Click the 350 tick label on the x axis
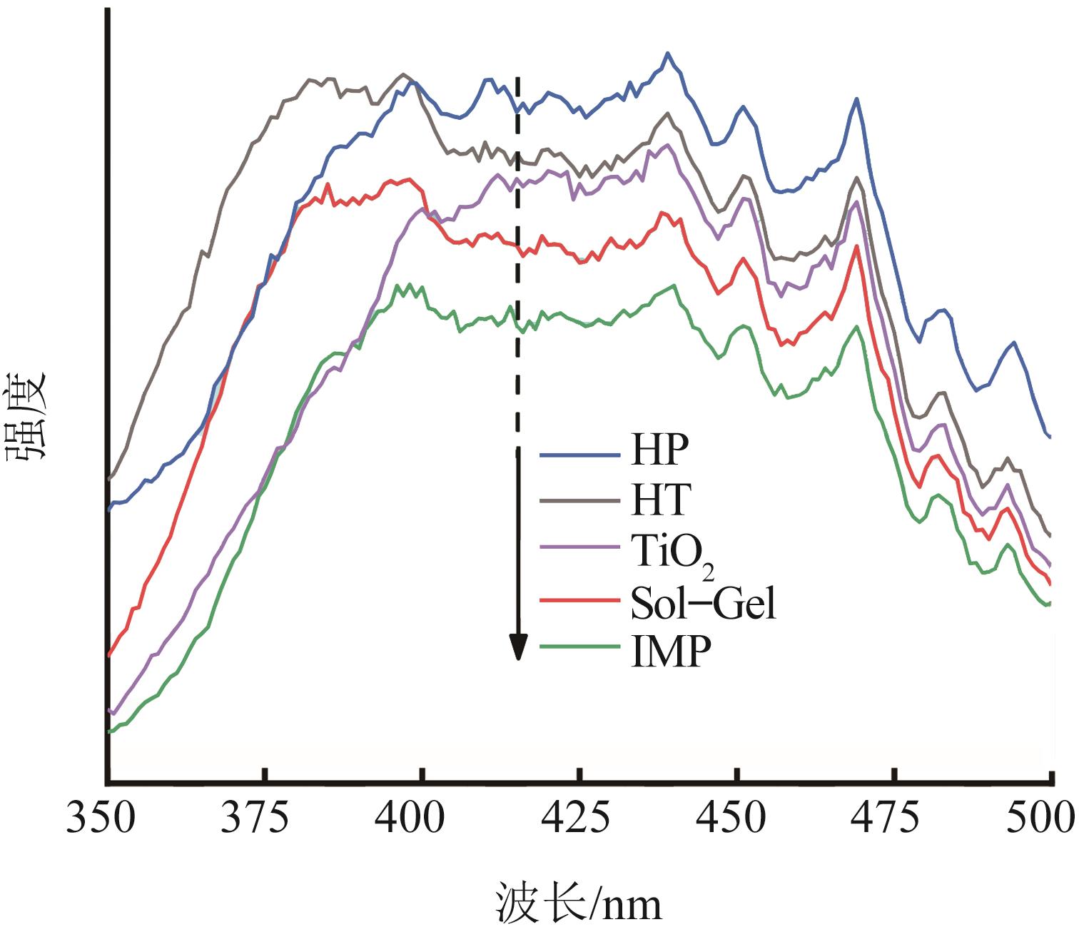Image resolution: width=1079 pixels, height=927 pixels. click(101, 817)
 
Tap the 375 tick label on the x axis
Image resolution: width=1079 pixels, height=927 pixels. click(263, 817)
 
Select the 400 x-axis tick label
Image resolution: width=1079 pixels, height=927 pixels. click(422, 817)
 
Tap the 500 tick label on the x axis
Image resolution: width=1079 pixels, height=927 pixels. click(1047, 817)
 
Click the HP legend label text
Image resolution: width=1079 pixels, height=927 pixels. click(660, 450)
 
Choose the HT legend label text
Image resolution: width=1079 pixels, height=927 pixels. click(661, 500)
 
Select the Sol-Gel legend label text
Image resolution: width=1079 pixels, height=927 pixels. click(703, 604)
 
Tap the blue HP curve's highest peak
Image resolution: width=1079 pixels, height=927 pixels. click(668, 53)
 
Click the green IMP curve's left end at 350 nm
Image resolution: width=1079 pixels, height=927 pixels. click(109, 731)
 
